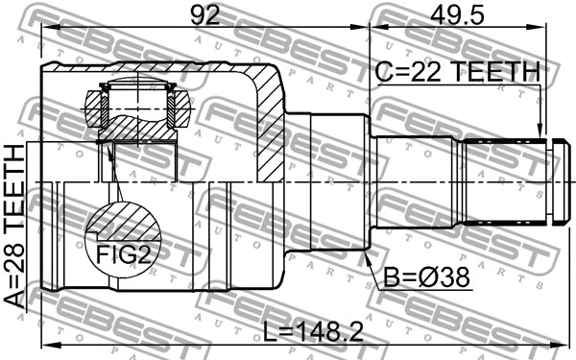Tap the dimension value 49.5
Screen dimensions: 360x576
457,14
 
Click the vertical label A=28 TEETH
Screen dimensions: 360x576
14,227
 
